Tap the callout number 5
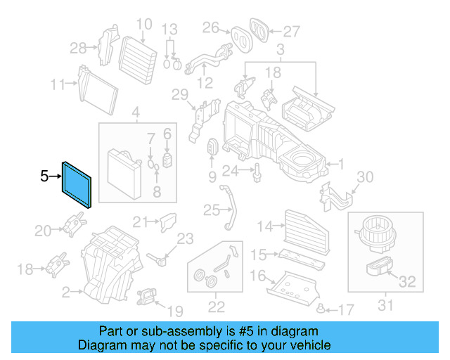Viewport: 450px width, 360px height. (44, 176)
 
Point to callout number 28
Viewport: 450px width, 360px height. (79, 48)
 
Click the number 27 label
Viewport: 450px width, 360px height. (291, 30)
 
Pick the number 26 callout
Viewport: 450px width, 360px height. (211, 27)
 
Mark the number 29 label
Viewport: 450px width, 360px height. (180, 95)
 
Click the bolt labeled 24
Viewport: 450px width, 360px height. (258, 171)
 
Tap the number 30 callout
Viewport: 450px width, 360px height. (366, 176)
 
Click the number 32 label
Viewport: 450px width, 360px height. (407, 283)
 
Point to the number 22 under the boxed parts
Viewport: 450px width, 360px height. (217, 306)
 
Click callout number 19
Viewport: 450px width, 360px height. (175, 310)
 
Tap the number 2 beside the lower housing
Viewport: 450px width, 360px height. (66, 292)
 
